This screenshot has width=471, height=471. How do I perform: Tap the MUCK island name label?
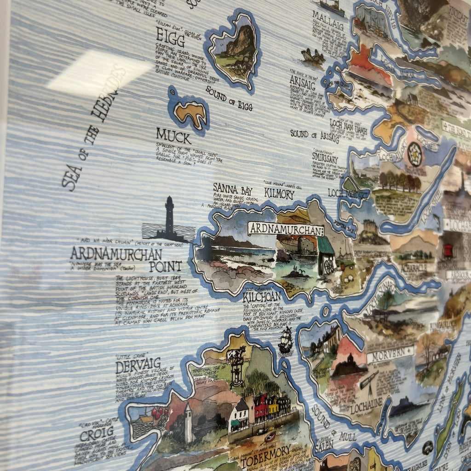click(173, 136)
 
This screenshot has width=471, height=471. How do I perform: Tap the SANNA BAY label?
click(232, 189)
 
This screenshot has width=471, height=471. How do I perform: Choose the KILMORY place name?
click(279, 194)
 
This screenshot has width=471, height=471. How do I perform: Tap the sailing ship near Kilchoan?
click(286, 340)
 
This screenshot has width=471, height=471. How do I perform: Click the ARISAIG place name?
click(302, 82)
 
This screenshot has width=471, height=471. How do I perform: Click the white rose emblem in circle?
click(414, 154)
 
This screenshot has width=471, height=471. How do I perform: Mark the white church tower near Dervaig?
click(188, 423)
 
